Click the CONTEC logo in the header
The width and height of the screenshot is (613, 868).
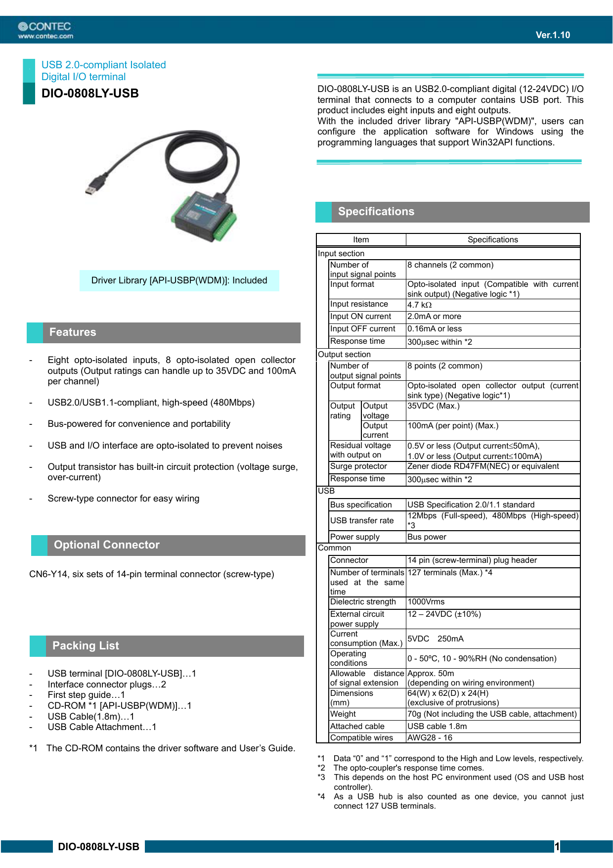coord(45,30)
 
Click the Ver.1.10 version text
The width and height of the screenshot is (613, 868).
coord(553,35)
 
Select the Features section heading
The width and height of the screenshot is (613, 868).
coord(73,332)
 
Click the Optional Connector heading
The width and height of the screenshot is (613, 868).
coord(106,545)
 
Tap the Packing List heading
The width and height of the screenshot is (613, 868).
coord(86,646)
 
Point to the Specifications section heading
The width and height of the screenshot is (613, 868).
coord(376,212)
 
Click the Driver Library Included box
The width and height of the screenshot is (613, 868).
coord(179,280)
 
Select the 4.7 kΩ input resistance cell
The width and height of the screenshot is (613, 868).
coord(420,305)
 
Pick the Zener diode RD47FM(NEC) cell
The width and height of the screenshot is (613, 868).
coord(483,466)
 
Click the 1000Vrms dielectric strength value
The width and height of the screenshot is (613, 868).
coord(426,602)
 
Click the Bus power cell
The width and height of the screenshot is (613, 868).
coord(427,537)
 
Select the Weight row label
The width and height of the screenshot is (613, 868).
coord(343,714)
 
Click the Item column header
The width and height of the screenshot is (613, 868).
coord(361,240)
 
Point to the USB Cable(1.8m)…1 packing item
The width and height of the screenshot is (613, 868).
coord(91,717)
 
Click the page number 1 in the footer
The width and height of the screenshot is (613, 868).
coord(557,847)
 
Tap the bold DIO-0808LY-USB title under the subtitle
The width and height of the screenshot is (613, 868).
coord(90,93)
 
